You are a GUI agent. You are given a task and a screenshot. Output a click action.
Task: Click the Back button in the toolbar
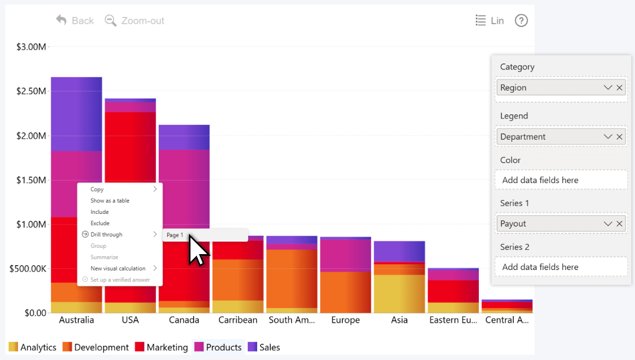[x=75, y=21]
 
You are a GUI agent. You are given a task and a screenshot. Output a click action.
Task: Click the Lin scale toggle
[x=489, y=21]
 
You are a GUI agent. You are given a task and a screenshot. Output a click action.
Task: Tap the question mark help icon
[x=521, y=21]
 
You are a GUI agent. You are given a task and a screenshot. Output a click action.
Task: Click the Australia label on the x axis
[x=77, y=320]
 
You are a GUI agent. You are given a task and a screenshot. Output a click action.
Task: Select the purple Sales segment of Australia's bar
[x=76, y=114]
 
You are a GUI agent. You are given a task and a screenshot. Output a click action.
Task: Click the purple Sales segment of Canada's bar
[x=184, y=137]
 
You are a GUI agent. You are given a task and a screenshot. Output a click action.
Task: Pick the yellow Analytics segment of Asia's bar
[x=400, y=293]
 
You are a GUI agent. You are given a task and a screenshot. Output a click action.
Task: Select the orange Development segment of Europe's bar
[x=345, y=292]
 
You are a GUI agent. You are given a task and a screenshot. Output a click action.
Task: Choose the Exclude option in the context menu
[x=100, y=223]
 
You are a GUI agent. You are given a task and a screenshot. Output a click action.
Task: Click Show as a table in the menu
[x=110, y=201]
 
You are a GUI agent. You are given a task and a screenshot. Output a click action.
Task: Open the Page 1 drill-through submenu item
[x=175, y=235]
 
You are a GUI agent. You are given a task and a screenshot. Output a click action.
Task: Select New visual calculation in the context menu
[x=117, y=268]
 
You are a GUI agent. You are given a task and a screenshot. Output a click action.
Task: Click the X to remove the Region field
[x=619, y=88]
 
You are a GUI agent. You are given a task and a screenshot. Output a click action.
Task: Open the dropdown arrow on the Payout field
[x=607, y=224]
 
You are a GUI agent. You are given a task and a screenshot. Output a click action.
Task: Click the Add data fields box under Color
[x=561, y=180]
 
